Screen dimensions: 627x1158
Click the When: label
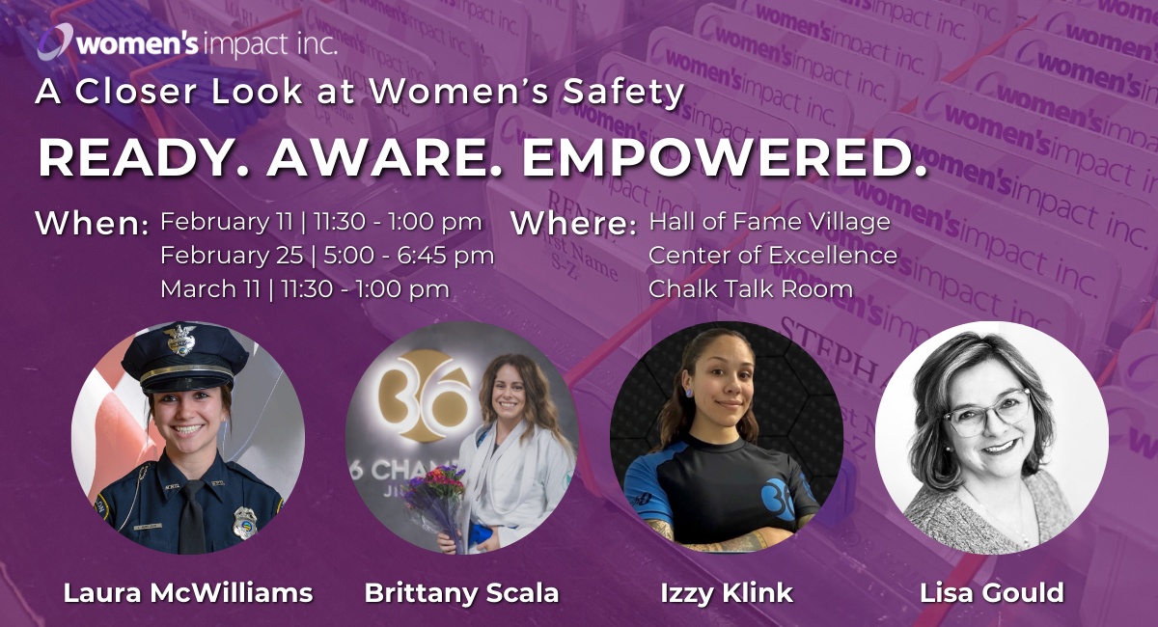tap(92, 224)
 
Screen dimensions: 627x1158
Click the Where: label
tap(573, 224)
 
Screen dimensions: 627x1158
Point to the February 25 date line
tap(327, 256)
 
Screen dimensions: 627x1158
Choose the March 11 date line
tap(305, 288)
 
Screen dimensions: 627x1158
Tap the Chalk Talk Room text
tap(751, 288)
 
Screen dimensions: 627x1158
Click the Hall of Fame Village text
tap(769, 223)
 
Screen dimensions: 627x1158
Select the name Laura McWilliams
tap(188, 592)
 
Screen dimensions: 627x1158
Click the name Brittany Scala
tap(461, 592)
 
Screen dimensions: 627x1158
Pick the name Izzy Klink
tap(727, 592)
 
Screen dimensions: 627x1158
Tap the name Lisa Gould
tap(992, 592)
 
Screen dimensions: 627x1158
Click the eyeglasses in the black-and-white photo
tap(982, 411)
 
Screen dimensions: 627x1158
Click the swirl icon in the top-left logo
tap(56, 42)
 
